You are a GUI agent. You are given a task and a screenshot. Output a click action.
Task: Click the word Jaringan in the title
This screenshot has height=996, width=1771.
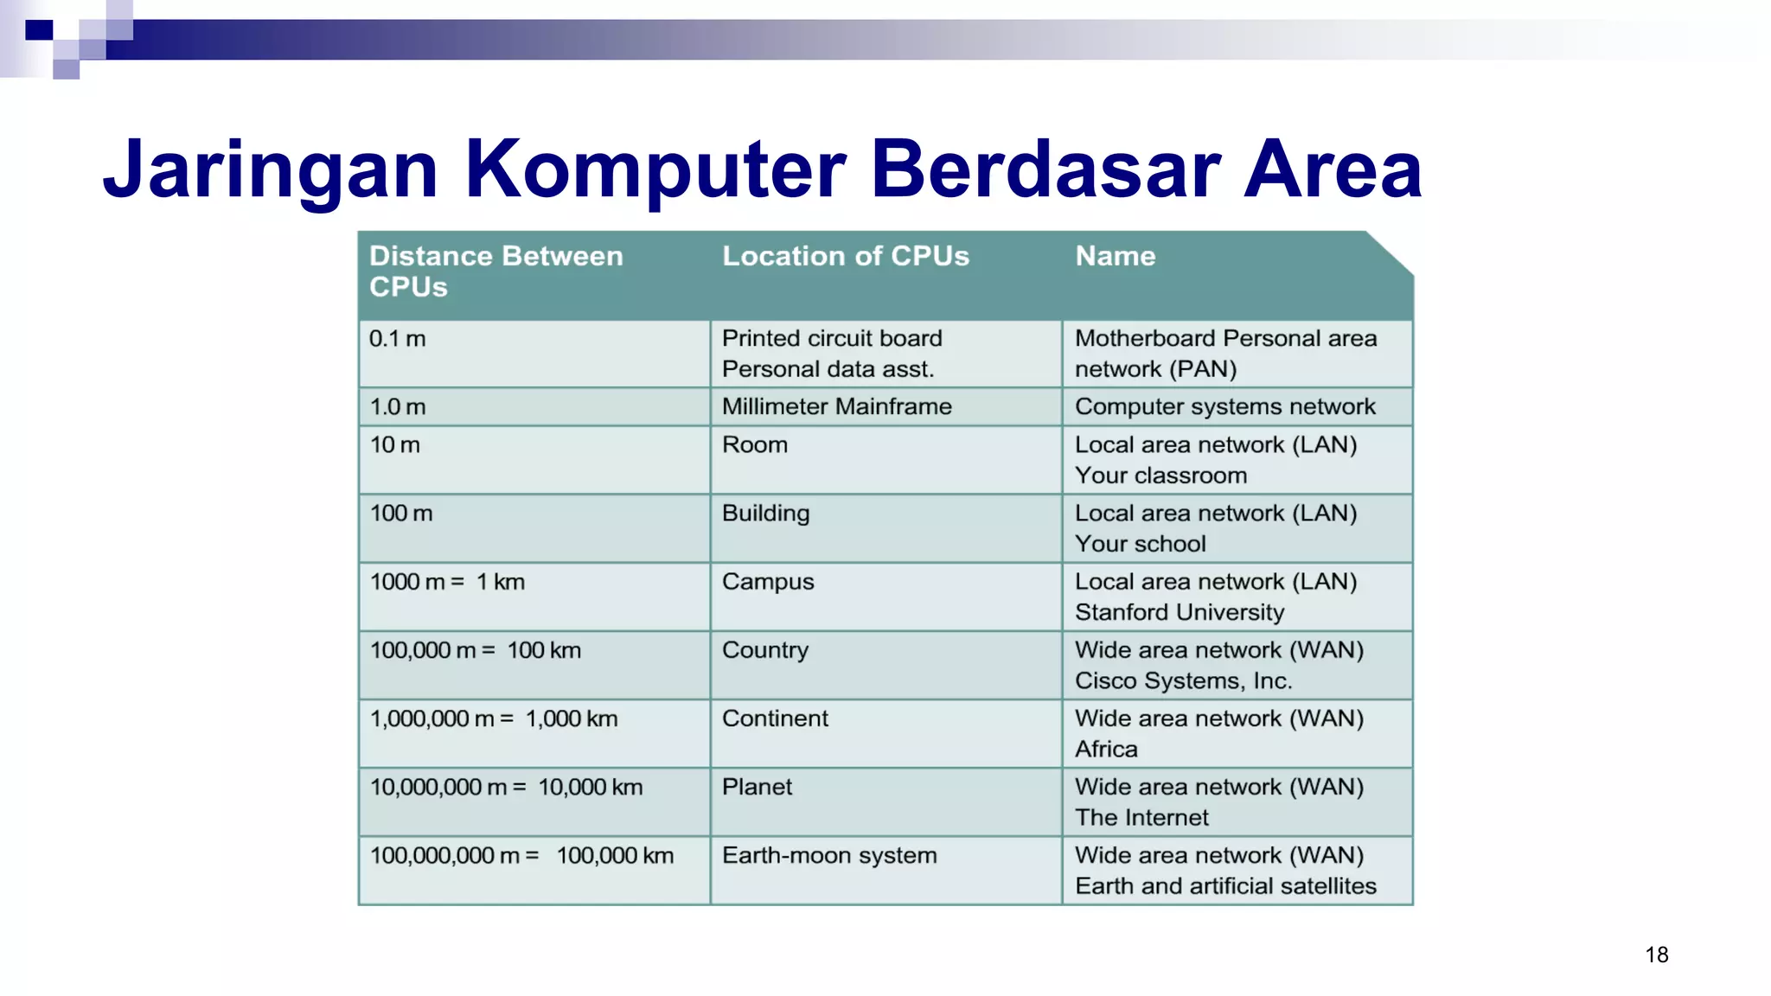(x=270, y=170)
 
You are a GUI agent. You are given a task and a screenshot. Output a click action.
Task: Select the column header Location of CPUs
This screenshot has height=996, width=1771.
(x=845, y=256)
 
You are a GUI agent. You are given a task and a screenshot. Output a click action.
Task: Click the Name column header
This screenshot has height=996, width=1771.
(x=1115, y=256)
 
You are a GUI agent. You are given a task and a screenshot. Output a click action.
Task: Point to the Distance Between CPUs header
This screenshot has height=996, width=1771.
(x=495, y=271)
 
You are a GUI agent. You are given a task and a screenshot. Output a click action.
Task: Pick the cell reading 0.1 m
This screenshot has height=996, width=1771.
(x=397, y=339)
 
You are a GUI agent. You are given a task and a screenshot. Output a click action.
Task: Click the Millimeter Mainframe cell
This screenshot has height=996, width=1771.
(x=836, y=406)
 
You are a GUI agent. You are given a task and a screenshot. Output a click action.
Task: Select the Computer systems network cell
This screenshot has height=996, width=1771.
(x=1224, y=406)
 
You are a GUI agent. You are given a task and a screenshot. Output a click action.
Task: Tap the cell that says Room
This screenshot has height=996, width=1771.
(x=754, y=445)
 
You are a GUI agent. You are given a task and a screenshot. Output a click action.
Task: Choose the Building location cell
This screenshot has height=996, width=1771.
(x=765, y=514)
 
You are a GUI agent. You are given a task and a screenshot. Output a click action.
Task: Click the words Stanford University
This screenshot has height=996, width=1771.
(x=1179, y=612)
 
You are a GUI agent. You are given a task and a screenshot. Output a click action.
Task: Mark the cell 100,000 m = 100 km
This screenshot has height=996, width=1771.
(x=475, y=650)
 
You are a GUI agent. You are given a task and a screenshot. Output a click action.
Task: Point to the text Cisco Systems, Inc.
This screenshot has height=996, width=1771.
(x=1182, y=681)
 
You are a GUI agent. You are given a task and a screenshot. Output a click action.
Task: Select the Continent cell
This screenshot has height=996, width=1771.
(x=774, y=718)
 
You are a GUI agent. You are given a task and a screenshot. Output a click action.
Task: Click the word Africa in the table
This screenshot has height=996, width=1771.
(x=1105, y=750)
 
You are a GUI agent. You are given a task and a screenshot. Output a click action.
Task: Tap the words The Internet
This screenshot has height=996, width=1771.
(x=1141, y=818)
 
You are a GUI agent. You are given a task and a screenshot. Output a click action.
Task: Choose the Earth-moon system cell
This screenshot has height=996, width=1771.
(x=828, y=856)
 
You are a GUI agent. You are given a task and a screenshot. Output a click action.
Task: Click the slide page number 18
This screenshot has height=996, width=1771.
(x=1656, y=954)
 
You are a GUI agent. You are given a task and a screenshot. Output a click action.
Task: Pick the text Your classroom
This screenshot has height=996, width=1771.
(x=1160, y=476)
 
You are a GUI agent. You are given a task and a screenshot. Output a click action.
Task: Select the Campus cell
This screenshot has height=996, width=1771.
(x=767, y=582)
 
